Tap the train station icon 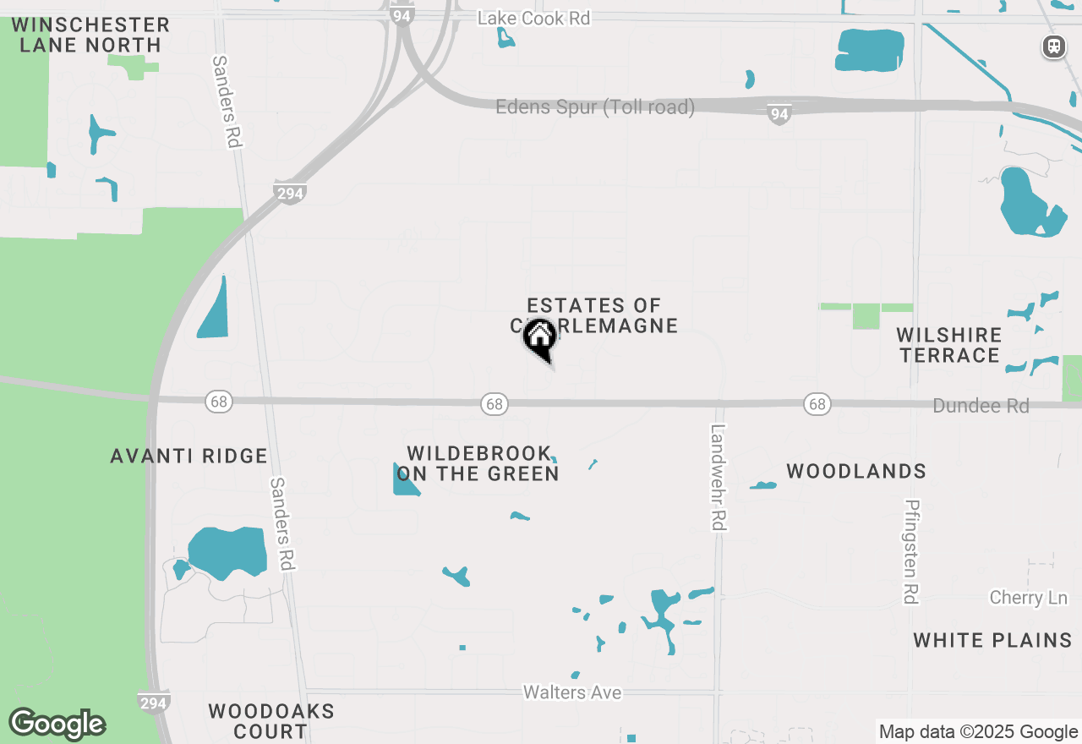[x=1054, y=46]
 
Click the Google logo [x=57, y=725]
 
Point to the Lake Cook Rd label [x=533, y=18]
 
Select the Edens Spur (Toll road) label [x=595, y=107]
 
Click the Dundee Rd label [x=981, y=406]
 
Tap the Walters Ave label [x=572, y=692]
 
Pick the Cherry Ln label [x=1028, y=598]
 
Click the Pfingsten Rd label [x=911, y=551]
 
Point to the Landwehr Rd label [x=718, y=478]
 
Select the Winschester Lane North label [x=90, y=35]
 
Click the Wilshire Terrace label [x=949, y=345]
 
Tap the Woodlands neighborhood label [x=856, y=471]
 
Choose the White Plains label [x=992, y=640]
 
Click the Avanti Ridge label [x=189, y=457]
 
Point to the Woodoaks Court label [x=271, y=721]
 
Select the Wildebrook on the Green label [x=478, y=464]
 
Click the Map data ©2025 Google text [x=978, y=732]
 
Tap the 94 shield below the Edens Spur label [x=779, y=115]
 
